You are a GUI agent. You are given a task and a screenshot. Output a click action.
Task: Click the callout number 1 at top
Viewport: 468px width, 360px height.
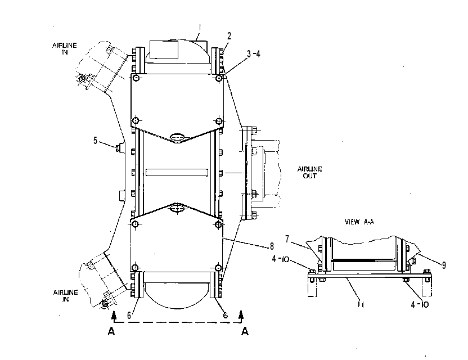point(200,28)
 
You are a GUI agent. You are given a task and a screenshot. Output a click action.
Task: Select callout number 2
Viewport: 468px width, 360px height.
point(229,36)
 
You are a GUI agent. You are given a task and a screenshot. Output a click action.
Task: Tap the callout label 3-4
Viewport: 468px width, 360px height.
point(253,54)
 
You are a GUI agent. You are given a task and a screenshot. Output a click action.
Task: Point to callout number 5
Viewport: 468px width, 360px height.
point(95,140)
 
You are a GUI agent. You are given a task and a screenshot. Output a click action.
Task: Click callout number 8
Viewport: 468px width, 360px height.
point(272,246)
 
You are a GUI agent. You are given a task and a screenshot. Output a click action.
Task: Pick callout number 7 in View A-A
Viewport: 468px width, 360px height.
point(287,239)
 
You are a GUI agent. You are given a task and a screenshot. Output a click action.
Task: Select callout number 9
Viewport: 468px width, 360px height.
point(444,265)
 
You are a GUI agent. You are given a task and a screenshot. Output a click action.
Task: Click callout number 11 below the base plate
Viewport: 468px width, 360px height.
point(361,305)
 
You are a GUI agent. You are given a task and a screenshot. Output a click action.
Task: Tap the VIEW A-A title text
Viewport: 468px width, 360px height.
point(359,222)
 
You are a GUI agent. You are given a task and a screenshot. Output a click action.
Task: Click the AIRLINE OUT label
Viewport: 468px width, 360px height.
point(309,173)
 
